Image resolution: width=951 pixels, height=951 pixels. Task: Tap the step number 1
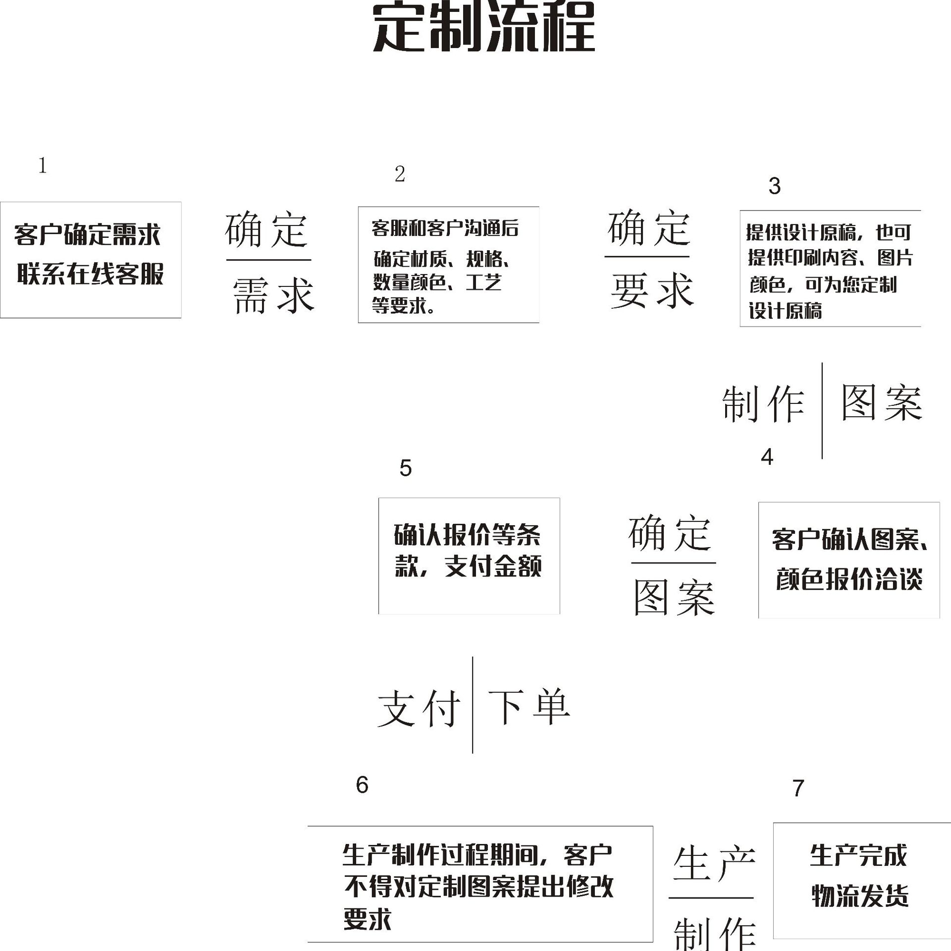point(43,166)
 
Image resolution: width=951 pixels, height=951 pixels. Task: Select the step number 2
point(400,174)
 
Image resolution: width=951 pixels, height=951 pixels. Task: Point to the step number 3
point(774,186)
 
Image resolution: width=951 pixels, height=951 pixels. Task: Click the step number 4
point(767,457)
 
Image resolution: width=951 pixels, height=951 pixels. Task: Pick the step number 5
point(405,468)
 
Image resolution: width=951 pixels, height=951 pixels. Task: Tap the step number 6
point(362,784)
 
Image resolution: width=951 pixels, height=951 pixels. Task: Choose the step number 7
point(798,788)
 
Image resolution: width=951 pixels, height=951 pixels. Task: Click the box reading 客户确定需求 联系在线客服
point(91,260)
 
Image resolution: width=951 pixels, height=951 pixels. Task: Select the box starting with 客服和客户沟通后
point(448,265)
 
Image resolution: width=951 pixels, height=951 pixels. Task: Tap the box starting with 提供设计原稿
point(830,269)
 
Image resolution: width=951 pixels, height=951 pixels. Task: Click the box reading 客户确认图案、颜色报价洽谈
point(848,560)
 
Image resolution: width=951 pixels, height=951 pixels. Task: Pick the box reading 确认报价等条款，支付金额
point(469,556)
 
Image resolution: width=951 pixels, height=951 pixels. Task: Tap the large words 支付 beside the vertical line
point(419,709)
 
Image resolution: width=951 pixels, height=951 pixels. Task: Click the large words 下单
point(529,707)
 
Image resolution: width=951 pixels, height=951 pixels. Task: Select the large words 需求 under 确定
point(273,295)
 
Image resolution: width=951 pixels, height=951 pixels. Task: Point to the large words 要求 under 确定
point(652,291)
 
